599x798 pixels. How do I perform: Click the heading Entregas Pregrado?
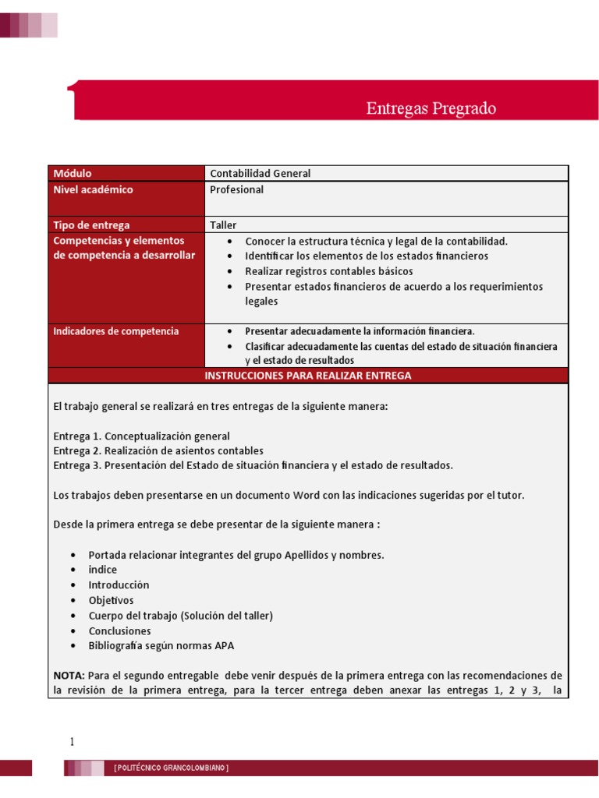coord(431,109)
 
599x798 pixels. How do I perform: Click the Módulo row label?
coord(72,173)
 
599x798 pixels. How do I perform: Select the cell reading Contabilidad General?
coord(260,173)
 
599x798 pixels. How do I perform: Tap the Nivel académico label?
coord(93,189)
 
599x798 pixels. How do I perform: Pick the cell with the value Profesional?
coord(237,189)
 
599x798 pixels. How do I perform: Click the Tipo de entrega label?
coord(91,224)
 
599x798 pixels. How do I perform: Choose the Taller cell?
coord(223,224)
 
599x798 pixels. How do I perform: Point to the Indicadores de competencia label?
coord(115,331)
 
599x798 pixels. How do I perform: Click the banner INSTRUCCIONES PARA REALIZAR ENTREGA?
coord(307,376)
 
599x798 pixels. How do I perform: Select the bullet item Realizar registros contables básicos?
coord(328,271)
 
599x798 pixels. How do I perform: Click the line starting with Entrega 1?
coord(141,436)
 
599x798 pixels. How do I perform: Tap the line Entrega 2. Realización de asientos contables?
coord(158,450)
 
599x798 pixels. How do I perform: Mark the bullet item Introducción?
coord(119,584)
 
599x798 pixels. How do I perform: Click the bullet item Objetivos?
coord(111,600)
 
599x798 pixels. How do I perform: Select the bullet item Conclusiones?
coord(119,630)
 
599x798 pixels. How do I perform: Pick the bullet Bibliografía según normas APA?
coord(161,645)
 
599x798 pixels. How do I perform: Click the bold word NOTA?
coord(69,675)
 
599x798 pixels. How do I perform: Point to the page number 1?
coord(72,742)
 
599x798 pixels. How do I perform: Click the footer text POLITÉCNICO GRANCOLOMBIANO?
coord(171,768)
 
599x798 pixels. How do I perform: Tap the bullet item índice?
coord(103,570)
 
